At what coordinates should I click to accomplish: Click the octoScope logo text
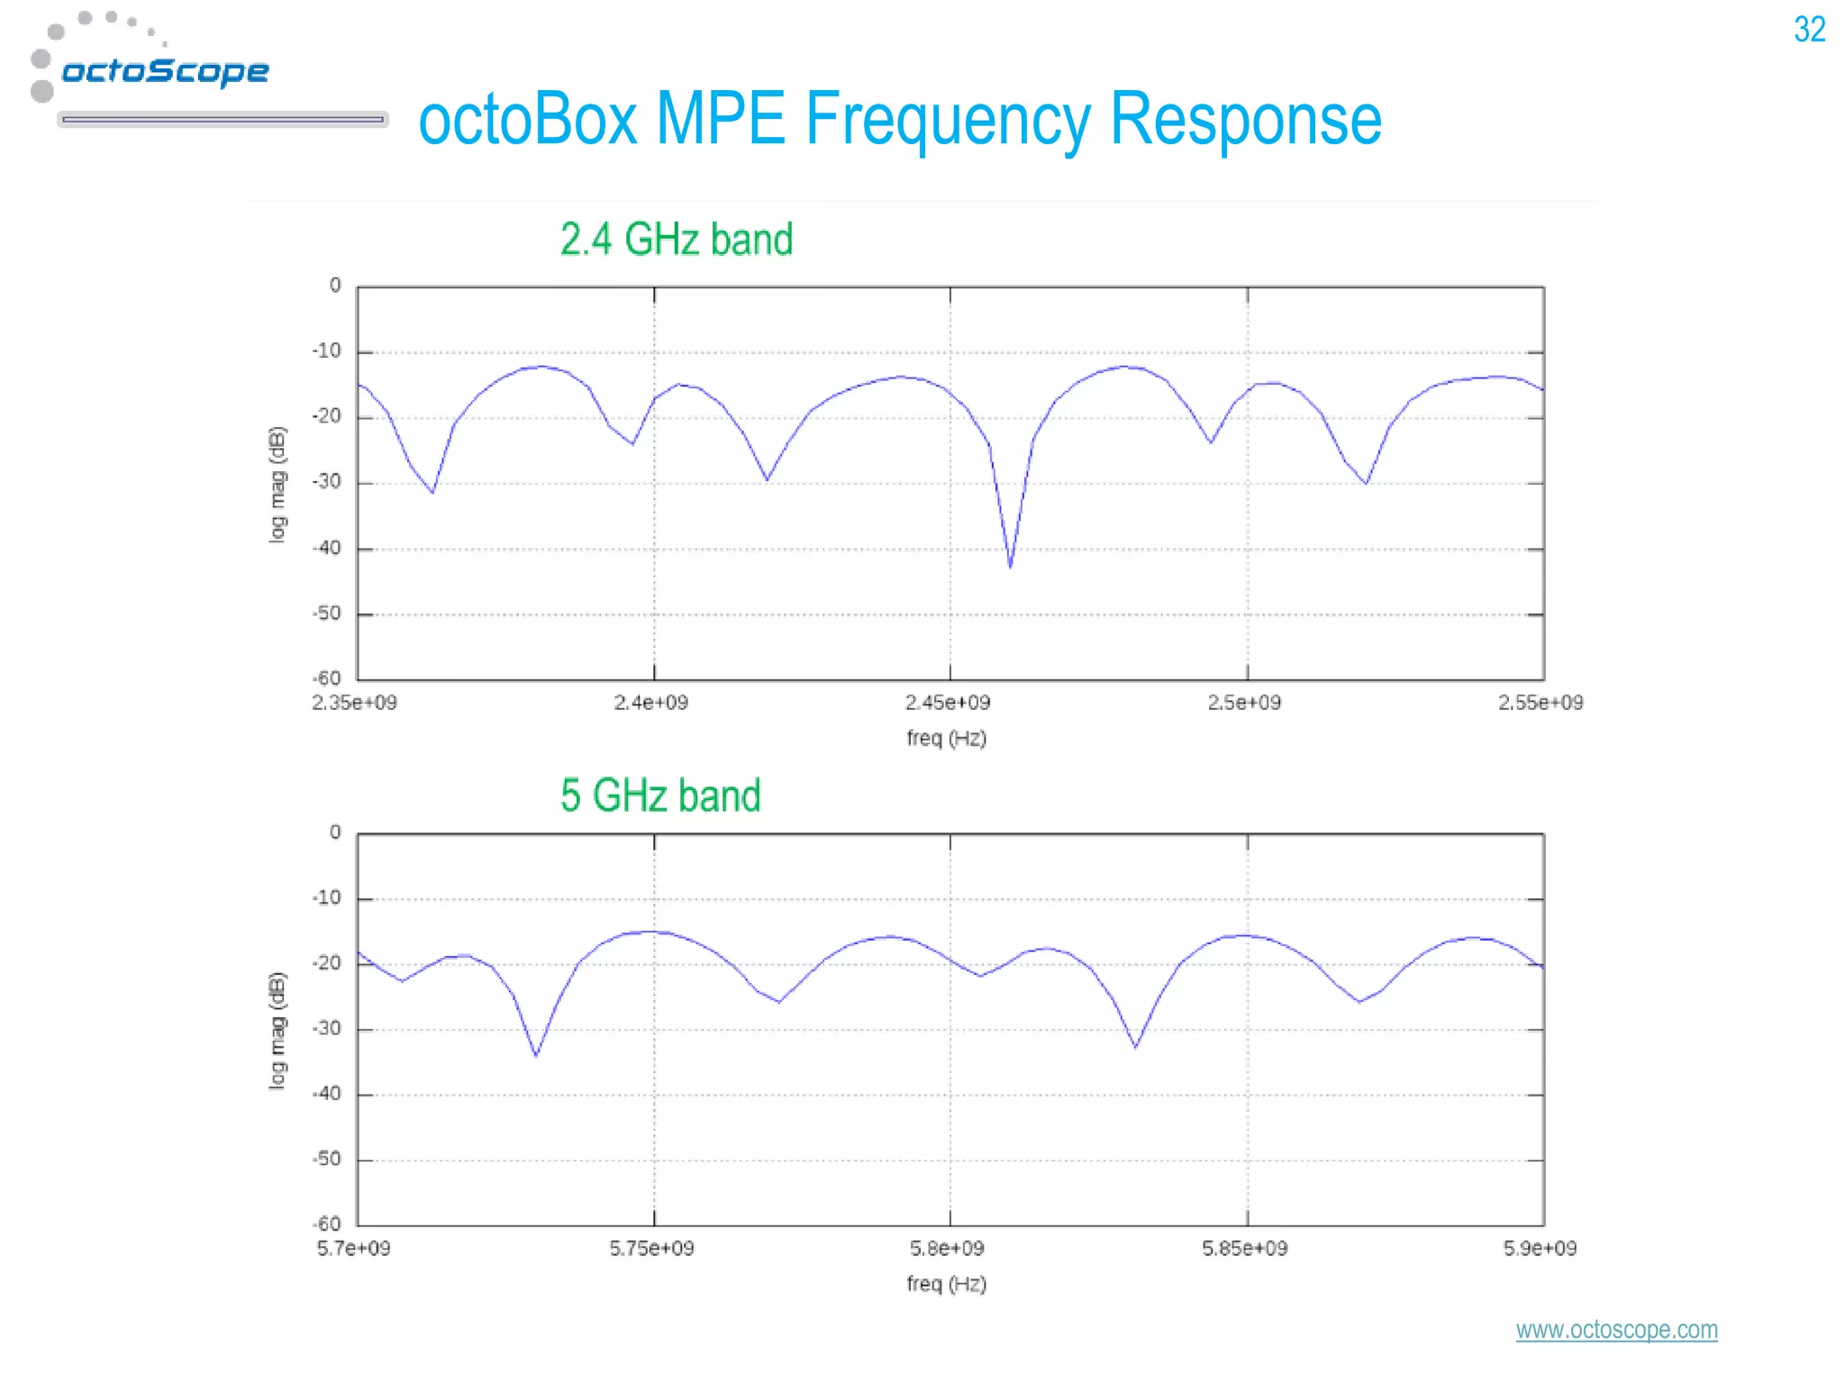(165, 70)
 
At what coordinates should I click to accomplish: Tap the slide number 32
(1809, 30)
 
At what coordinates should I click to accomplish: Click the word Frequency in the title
(946, 120)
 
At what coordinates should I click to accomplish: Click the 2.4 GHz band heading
(676, 240)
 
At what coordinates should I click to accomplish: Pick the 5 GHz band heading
(660, 796)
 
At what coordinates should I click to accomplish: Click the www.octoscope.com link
(1616, 1329)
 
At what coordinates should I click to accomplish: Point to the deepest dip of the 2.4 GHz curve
(1010, 566)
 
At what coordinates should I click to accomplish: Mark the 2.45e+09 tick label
(948, 703)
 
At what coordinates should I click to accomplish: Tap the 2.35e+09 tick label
(354, 703)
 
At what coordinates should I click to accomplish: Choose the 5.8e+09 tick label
(947, 1249)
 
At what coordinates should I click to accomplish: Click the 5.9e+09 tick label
(1540, 1249)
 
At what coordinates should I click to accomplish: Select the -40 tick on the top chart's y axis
(327, 549)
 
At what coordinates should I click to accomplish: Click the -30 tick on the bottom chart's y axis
(327, 1029)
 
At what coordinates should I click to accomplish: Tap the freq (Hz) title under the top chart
(947, 739)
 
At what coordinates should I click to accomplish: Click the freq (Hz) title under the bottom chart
(947, 1284)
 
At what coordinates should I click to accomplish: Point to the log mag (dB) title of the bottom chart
(277, 1030)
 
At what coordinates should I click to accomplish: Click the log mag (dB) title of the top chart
(277, 484)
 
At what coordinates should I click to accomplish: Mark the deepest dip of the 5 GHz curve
(536, 1055)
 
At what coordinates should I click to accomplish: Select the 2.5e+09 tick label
(1244, 703)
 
